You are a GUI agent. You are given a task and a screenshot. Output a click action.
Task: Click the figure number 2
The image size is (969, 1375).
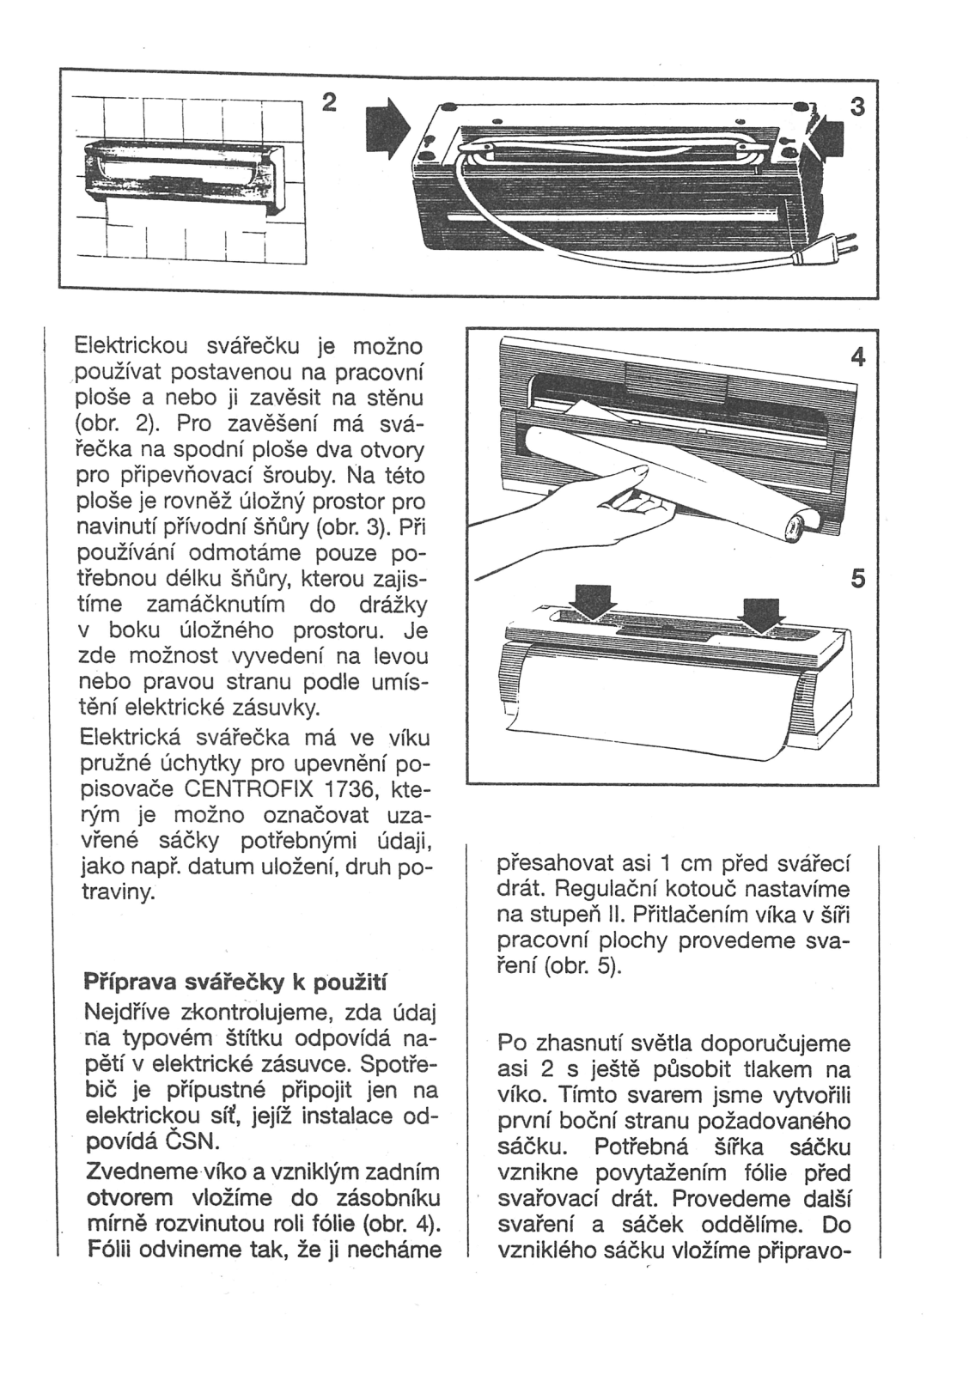point(327,101)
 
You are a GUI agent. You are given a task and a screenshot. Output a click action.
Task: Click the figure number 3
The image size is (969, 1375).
point(855,107)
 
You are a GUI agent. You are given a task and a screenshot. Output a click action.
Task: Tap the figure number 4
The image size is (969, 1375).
point(856,357)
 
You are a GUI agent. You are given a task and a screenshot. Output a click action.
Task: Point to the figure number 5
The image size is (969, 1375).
point(856,581)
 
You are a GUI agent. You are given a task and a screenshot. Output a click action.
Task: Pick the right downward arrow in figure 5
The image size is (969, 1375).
point(760,611)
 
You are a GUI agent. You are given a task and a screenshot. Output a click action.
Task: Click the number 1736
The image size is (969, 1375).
point(347,788)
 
